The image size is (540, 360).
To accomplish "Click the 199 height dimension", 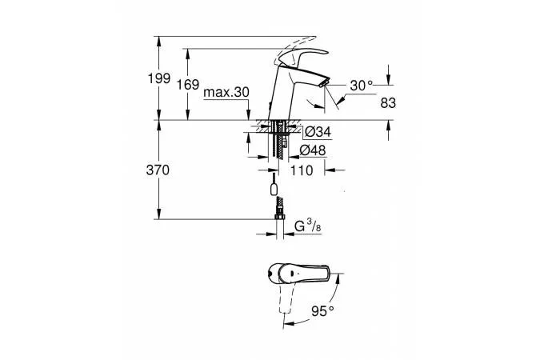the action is click(158, 78).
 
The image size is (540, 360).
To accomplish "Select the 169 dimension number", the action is click(188, 85).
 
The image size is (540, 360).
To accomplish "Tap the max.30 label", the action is click(226, 92).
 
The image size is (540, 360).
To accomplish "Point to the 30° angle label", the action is click(361, 86).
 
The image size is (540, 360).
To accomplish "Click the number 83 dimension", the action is click(388, 102).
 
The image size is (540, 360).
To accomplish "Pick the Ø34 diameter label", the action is click(318, 131).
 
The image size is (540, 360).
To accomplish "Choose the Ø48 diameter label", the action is click(312, 150).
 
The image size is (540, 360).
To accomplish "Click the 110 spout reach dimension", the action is click(302, 170).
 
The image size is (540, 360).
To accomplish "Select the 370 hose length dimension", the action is click(158, 170).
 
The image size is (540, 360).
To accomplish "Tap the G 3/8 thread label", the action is click(308, 226).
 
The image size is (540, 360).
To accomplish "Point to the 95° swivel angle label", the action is click(322, 311).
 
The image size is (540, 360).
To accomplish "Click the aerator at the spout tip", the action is click(324, 83).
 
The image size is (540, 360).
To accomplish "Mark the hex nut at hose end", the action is click(280, 217).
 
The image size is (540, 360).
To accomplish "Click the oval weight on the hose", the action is click(274, 190).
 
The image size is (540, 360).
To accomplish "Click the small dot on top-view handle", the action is click(292, 273).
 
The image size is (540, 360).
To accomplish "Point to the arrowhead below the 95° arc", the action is click(287, 324).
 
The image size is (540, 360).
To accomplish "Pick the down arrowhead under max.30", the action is click(248, 116).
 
